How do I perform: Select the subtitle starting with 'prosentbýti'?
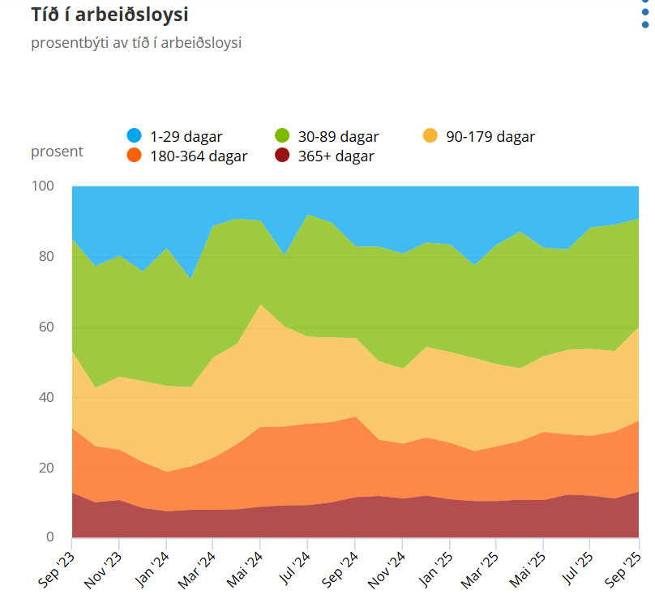pos(136,43)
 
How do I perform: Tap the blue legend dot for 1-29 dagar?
pos(135,136)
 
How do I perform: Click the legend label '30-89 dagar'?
pos(338,137)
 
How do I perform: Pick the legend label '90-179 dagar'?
pos(490,137)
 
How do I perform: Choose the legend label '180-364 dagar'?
pos(199,156)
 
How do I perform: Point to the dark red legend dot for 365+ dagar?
pos(283,156)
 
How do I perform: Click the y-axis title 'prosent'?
pos(57,152)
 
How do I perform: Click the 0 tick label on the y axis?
pos(50,538)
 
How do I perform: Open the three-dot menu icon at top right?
pos(645,13)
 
